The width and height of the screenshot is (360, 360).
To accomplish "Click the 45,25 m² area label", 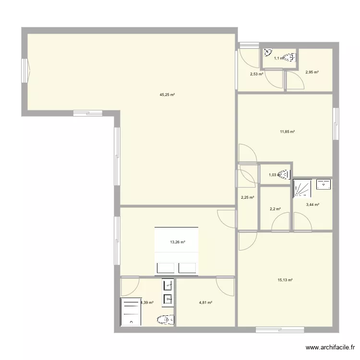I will click(167, 95).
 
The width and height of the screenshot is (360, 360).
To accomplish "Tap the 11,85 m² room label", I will click(288, 132).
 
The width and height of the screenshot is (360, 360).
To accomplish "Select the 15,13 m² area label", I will click(285, 280).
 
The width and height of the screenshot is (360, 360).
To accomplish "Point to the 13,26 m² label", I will click(178, 242).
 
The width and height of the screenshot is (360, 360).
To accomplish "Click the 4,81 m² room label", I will click(205, 302).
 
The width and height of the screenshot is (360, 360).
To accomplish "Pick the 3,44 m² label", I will click(313, 204).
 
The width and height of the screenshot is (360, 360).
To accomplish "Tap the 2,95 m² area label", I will click(312, 72).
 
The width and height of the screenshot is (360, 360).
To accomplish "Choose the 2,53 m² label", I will click(256, 74).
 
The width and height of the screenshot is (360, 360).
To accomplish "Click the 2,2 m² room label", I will click(275, 209).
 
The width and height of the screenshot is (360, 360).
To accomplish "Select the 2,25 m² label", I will click(247, 197).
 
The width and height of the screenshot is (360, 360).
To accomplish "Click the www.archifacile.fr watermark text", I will click(331, 348).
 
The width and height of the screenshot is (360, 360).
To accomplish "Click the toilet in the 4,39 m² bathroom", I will click(165, 319).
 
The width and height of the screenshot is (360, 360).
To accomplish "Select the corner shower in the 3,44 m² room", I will click(302, 189).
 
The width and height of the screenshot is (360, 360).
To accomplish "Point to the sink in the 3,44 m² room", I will click(324, 183).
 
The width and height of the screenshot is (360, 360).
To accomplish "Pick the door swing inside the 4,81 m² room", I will click(225, 286).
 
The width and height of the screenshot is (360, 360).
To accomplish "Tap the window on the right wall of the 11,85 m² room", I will click(336, 123).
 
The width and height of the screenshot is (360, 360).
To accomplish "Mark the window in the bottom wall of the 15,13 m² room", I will click(280, 330).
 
